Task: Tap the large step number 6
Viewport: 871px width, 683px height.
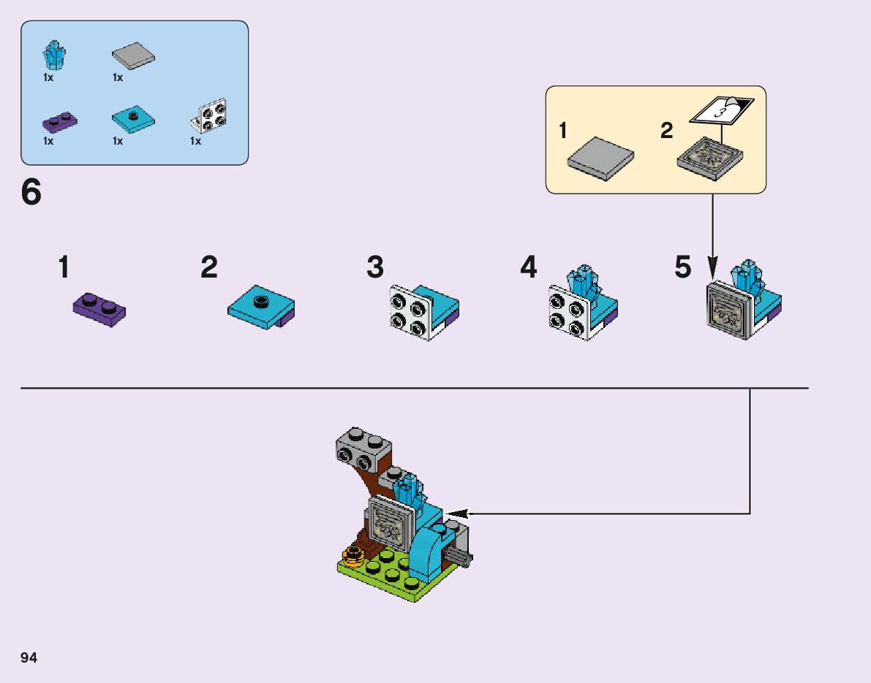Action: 31,193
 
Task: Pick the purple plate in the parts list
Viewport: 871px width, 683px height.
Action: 61,121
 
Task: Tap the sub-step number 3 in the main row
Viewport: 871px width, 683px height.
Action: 375,267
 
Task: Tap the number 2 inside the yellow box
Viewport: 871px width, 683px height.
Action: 666,131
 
